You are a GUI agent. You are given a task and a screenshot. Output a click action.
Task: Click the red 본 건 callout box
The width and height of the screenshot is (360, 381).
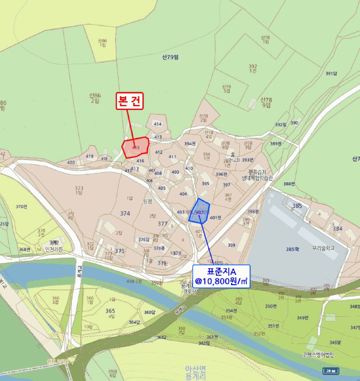[x=129, y=101]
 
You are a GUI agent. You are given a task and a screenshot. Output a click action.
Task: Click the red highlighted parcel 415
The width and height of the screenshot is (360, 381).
[x=134, y=148]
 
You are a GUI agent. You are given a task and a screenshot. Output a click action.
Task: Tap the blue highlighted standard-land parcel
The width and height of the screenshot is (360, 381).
[x=200, y=211]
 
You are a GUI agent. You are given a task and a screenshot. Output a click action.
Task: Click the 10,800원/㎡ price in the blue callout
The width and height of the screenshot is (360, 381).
[x=221, y=281]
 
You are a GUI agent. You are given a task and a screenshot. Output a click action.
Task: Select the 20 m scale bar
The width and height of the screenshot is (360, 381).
[x=330, y=371]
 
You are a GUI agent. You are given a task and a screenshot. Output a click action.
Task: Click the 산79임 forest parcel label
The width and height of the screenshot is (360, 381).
[x=171, y=57]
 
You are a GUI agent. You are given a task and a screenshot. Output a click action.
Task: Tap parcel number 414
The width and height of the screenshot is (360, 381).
[x=158, y=125]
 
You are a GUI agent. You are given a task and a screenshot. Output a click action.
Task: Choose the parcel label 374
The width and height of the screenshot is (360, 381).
[x=126, y=214]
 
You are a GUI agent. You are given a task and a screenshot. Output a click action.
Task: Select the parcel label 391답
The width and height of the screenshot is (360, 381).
[x=332, y=73]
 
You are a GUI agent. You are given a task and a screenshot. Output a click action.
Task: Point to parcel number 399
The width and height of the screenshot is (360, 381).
[x=232, y=245]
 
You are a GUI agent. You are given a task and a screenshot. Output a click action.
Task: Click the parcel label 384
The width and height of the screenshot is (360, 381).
[x=338, y=229]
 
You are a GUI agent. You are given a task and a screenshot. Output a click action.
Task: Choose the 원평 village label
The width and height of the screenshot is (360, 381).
[x=147, y=201]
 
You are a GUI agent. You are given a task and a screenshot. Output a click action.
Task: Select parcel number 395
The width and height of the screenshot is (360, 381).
[x=205, y=183]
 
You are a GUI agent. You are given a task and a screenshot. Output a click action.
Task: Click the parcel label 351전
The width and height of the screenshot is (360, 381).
[x=274, y=325]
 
